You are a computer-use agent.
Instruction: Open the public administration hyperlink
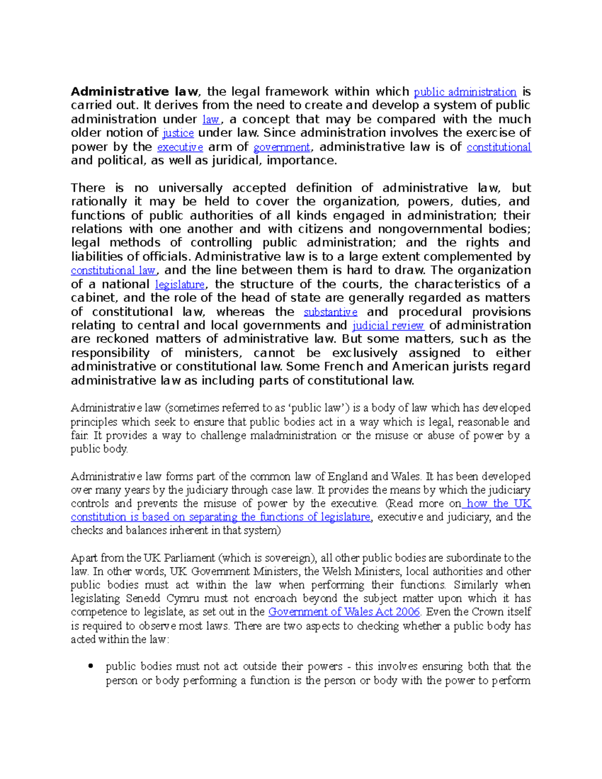465,92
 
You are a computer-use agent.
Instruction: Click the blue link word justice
179,133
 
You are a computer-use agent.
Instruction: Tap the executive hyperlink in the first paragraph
180,147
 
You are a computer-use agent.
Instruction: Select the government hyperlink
282,147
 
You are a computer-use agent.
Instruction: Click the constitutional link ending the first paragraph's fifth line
499,147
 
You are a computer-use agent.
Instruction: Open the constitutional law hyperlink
113,271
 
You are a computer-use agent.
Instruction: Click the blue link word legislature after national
180,285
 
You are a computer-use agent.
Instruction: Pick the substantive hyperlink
331,312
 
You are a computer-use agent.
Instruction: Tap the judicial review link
389,326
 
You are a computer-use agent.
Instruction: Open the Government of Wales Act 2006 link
344,612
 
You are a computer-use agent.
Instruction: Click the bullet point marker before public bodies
91,667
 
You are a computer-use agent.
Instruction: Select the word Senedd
143,598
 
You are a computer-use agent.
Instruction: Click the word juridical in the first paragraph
237,161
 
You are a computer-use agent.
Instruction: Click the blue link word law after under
211,120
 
